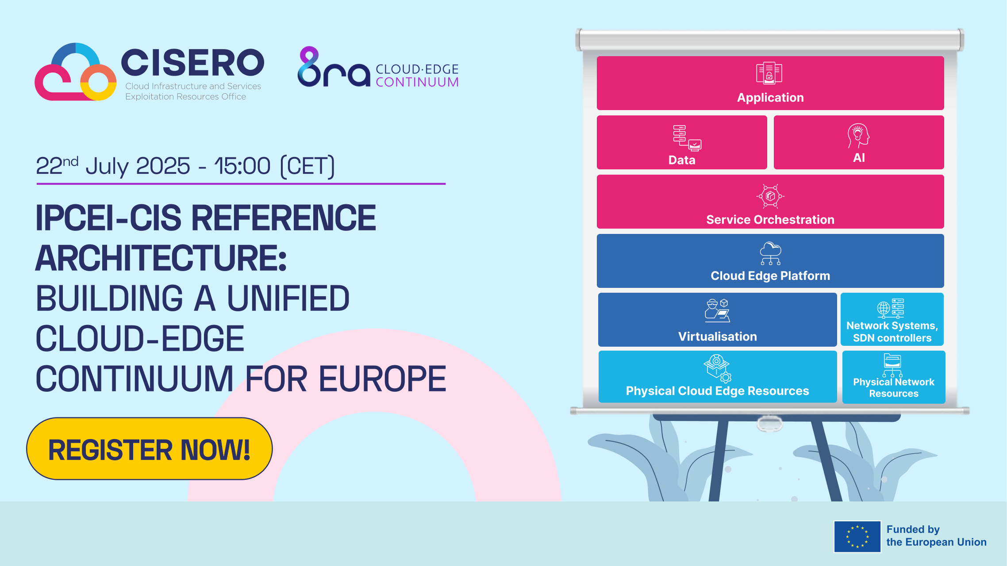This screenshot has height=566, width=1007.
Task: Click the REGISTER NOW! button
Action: pyautogui.click(x=150, y=449)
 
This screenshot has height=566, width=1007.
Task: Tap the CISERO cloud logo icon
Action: pyautogui.click(x=75, y=73)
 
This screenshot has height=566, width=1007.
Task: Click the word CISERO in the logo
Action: pyautogui.click(x=192, y=63)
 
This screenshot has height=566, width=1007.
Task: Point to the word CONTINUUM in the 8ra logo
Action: pyautogui.click(x=417, y=82)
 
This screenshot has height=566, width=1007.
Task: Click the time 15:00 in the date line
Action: pyautogui.click(x=242, y=166)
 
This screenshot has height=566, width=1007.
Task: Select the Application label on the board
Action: pyautogui.click(x=770, y=98)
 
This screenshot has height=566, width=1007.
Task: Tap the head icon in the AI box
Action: pyautogui.click(x=858, y=136)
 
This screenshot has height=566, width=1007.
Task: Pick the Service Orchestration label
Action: pyautogui.click(x=770, y=220)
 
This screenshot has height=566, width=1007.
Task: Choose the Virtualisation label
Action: pyautogui.click(x=717, y=337)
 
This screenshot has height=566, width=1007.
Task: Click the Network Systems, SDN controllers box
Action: pyautogui.click(x=892, y=319)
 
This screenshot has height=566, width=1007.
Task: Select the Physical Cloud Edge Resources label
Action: pyautogui.click(x=717, y=391)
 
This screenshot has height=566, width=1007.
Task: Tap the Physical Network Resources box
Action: pyautogui.click(x=894, y=377)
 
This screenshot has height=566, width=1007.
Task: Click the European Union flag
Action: pyautogui.click(x=857, y=536)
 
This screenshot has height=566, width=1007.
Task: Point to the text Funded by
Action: pyautogui.click(x=913, y=529)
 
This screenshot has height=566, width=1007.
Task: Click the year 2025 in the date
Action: pyautogui.click(x=163, y=166)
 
